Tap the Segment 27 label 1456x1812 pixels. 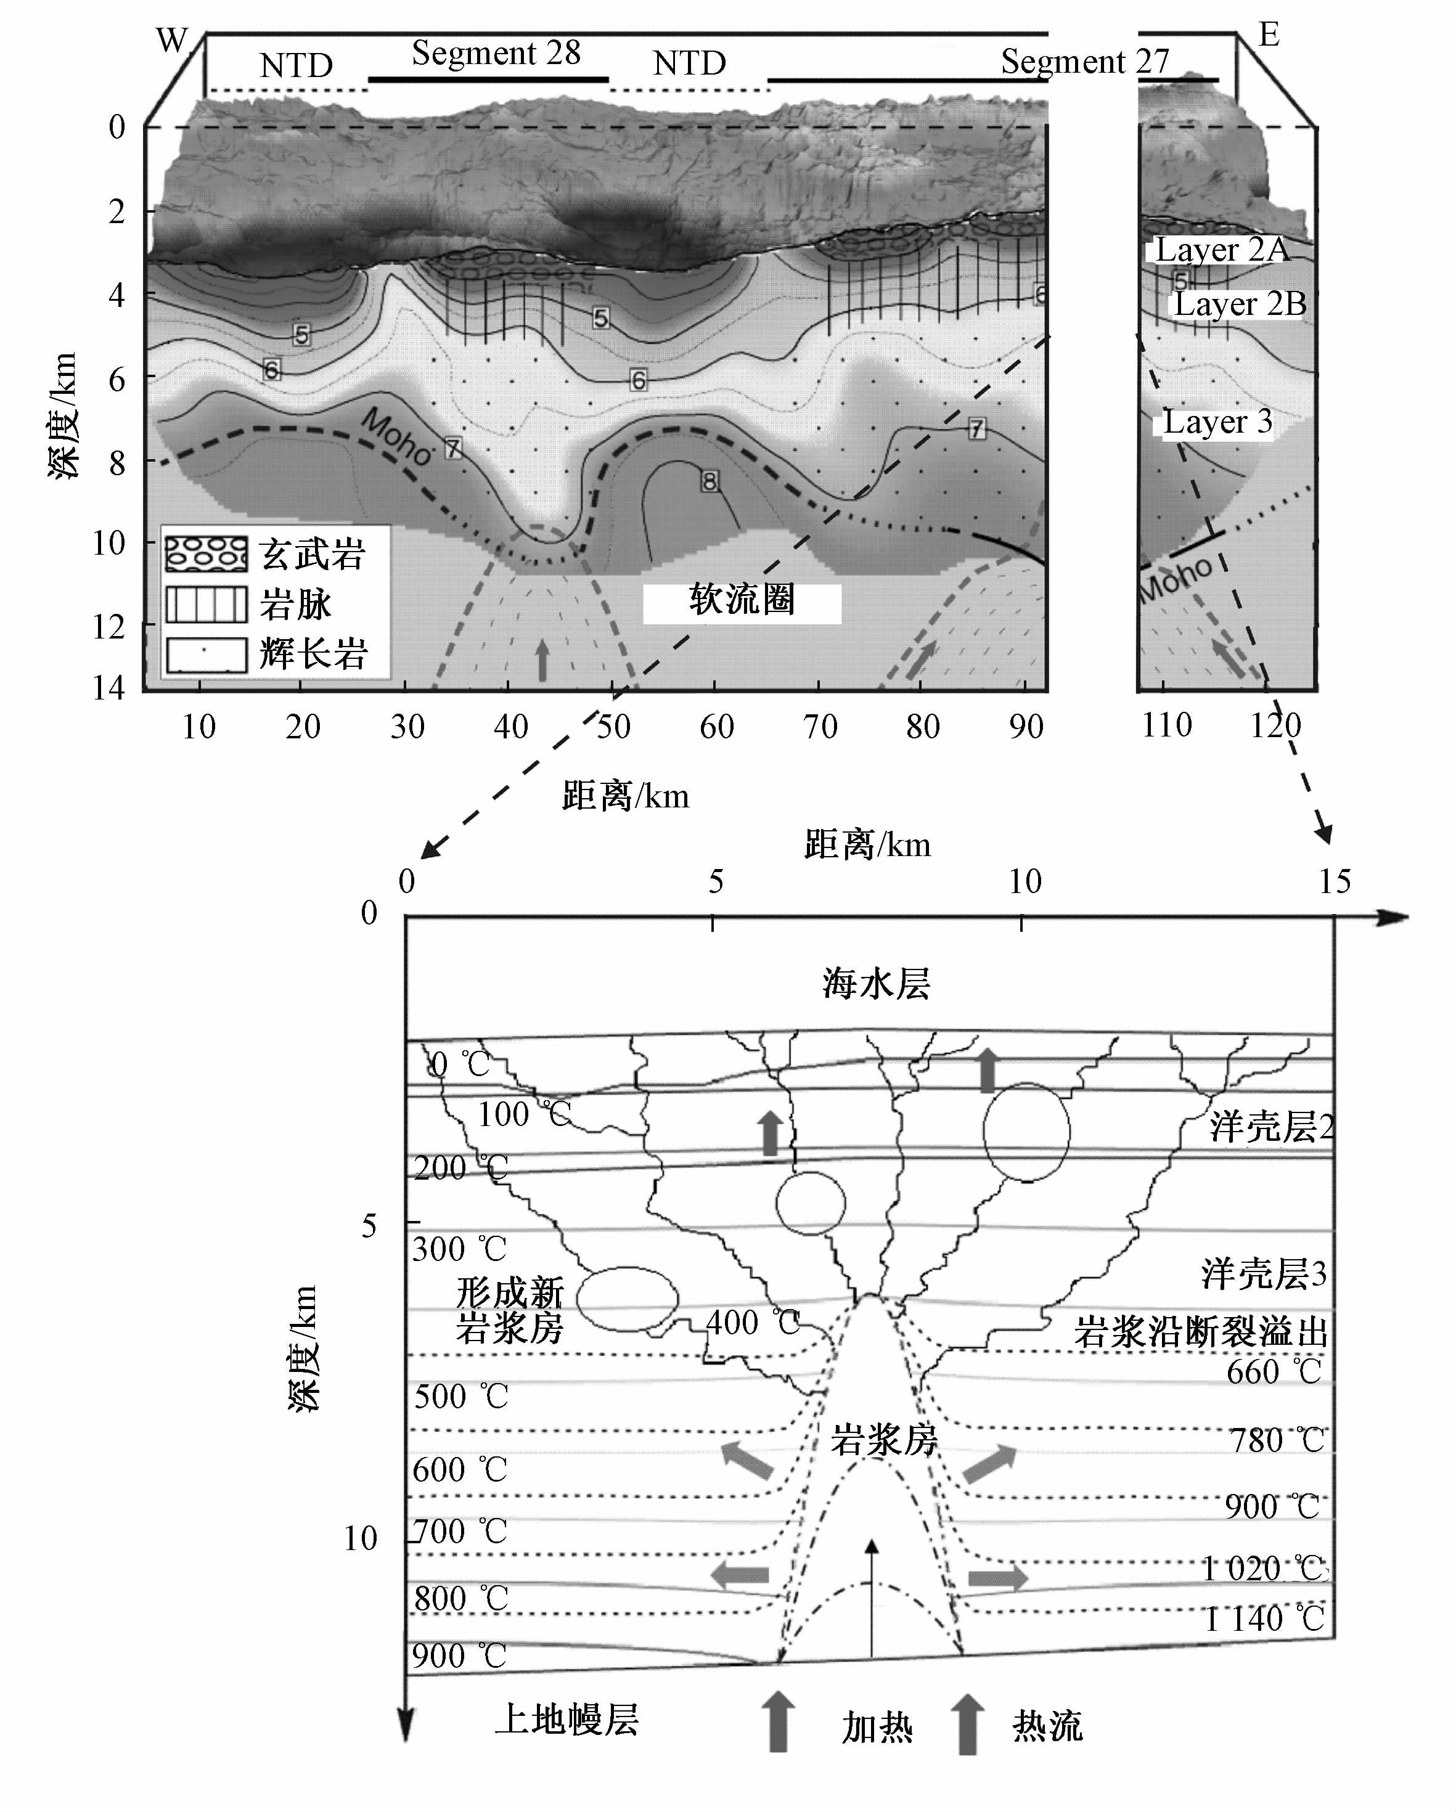tap(1084, 62)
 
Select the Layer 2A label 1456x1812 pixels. tap(1221, 250)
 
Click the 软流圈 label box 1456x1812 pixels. tap(742, 601)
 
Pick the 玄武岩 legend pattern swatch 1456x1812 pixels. tap(206, 554)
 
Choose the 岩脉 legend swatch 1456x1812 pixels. tap(206, 604)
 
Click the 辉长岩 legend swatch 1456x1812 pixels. tap(206, 654)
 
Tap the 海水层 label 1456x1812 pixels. tap(876, 983)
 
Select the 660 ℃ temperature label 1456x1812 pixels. tap(1274, 1371)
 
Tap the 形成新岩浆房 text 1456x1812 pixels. tap(509, 1311)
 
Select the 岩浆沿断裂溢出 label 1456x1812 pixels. tap(1200, 1331)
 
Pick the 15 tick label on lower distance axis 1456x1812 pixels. tap(1334, 881)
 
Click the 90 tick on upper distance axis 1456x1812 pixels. tap(1026, 726)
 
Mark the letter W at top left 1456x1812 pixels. tap(173, 39)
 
